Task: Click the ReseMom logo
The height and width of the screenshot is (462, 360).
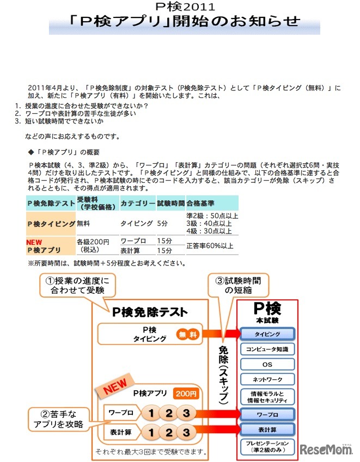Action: coord(325,449)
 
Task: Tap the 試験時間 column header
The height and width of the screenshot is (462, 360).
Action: coord(171,203)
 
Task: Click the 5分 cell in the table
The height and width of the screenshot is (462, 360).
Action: coord(162,223)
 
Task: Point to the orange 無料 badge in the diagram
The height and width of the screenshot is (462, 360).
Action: coord(187,334)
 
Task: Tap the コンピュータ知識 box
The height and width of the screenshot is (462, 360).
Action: coord(267,349)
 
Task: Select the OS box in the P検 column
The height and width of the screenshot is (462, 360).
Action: coord(267,364)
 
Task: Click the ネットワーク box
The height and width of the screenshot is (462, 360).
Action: coord(267,379)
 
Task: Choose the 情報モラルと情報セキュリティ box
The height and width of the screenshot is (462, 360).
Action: coord(267,397)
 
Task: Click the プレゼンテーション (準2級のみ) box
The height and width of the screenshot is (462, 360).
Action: coord(267,447)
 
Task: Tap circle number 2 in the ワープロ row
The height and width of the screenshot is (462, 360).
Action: coord(169,413)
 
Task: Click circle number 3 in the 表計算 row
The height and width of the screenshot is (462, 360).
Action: coord(186,433)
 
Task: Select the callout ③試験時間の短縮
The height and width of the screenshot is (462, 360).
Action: coord(238,285)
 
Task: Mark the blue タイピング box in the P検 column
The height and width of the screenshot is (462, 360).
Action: coord(267,334)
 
